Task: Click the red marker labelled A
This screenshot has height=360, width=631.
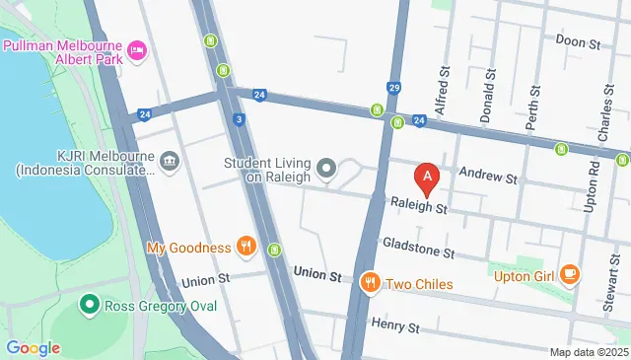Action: [x=427, y=179]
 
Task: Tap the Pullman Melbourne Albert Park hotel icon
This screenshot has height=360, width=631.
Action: [x=137, y=49]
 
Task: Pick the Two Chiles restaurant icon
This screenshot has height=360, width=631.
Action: [x=371, y=284]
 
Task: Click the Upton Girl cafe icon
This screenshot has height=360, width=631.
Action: [x=569, y=274]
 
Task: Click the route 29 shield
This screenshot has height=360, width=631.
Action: [x=393, y=89]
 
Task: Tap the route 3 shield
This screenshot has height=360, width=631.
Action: [x=240, y=119]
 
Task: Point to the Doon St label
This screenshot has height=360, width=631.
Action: [x=578, y=42]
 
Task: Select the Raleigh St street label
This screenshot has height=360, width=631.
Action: [x=419, y=208]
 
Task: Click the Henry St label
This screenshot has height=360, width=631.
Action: [x=396, y=325]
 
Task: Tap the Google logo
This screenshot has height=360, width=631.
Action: [x=33, y=347]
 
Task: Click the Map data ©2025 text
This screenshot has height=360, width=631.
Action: [x=588, y=352]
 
